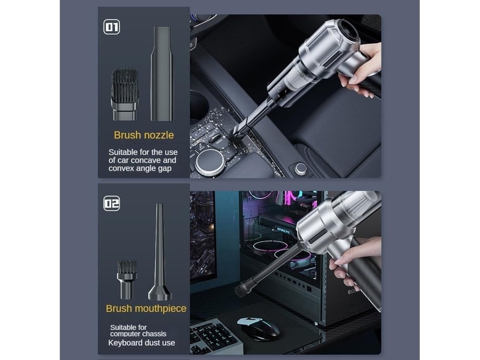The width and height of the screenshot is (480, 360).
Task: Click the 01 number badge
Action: (112, 27)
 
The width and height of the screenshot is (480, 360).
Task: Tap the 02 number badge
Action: (112, 203)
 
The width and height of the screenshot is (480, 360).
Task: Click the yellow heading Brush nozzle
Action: (144, 135)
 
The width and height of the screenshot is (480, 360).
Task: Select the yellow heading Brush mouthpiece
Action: (146, 309)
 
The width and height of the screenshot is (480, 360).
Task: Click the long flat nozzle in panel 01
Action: (162, 73)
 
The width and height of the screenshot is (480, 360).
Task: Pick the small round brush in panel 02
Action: (127, 279)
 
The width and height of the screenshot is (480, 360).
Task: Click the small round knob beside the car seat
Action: (301, 168)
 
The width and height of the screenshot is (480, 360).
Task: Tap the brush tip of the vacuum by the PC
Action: (240, 288)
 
